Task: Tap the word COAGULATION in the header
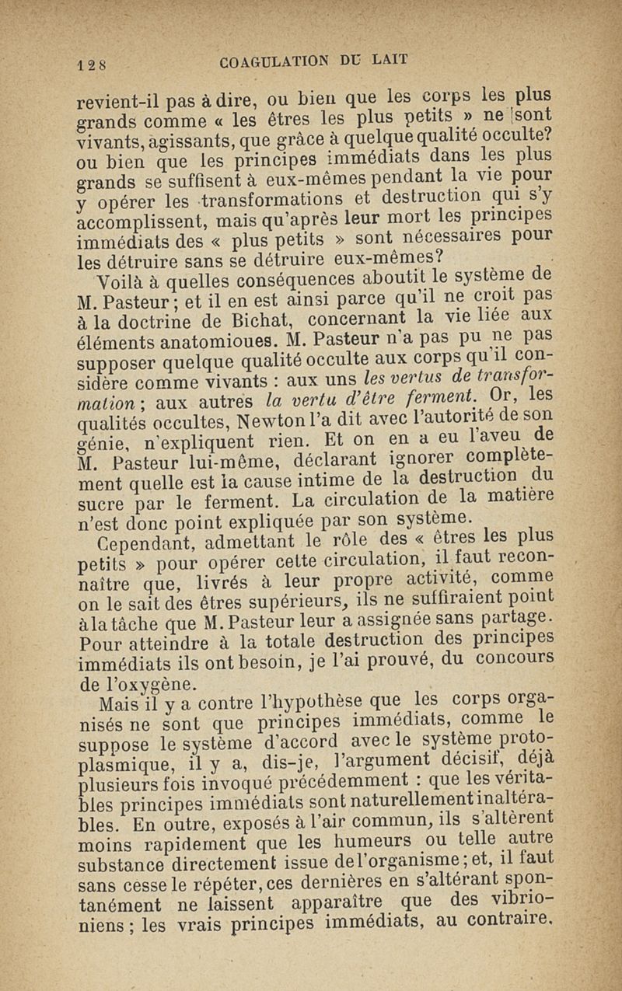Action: tap(270, 60)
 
